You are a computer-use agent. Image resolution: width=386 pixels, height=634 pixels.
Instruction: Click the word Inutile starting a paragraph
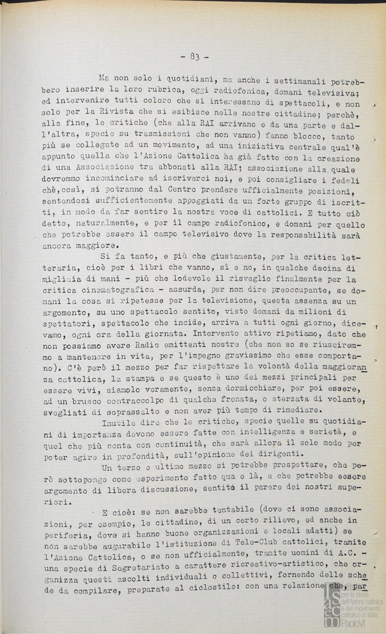coord(121,422)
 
